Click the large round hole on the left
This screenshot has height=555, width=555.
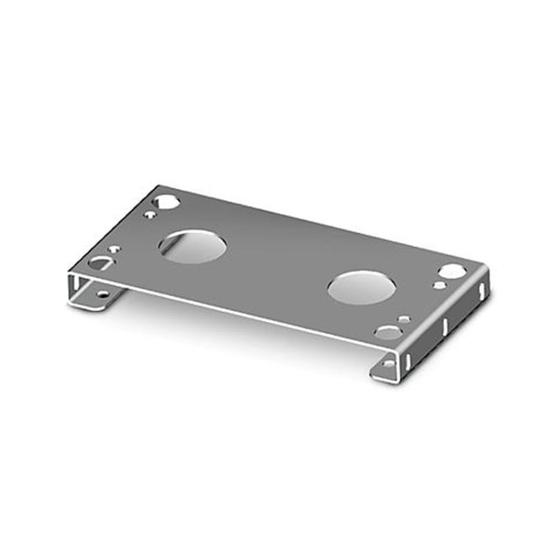[192, 246]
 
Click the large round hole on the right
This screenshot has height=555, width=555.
[361, 286]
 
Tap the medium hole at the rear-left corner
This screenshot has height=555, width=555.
[166, 201]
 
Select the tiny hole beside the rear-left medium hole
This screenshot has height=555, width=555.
[150, 215]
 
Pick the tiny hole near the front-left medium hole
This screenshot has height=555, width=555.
[114, 249]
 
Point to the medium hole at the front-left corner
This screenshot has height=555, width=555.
[99, 263]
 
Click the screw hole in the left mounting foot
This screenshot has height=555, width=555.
[102, 295]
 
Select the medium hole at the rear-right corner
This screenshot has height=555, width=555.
[452, 272]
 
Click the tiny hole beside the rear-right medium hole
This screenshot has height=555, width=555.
[440, 285]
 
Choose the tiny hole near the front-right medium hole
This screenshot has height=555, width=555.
[404, 320]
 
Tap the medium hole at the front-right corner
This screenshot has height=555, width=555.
[388, 332]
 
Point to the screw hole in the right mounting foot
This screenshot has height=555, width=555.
[389, 363]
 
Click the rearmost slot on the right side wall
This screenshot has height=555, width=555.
[482, 290]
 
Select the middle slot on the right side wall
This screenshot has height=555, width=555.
[445, 325]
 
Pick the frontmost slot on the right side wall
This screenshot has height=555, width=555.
[406, 360]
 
